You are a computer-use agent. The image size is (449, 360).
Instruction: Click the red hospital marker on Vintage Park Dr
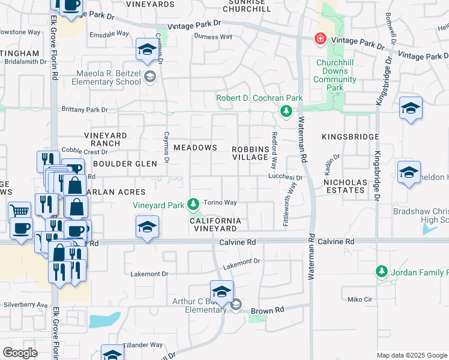[x=321, y=39]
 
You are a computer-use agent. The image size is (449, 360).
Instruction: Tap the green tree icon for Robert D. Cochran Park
[x=286, y=110]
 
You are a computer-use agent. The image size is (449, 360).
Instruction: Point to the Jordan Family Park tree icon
[x=381, y=272]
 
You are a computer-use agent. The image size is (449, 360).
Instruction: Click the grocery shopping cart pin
[x=20, y=212]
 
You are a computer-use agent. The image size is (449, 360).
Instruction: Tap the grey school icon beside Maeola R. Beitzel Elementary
[x=149, y=76]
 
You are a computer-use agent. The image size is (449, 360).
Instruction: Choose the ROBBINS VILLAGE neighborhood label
[x=250, y=152]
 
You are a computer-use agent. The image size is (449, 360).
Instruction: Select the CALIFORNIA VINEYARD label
[x=215, y=224]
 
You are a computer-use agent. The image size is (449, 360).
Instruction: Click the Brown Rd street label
[x=267, y=311]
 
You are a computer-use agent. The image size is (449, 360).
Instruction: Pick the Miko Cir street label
[x=360, y=299]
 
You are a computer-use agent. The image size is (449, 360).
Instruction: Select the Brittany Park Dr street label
[x=85, y=110]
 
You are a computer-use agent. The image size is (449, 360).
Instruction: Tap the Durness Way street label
[x=213, y=37]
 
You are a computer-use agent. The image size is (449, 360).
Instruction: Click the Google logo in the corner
[x=20, y=352]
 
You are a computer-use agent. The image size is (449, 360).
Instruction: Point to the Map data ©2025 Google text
[x=412, y=355]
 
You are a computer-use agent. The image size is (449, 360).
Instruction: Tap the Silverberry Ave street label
[x=25, y=305]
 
